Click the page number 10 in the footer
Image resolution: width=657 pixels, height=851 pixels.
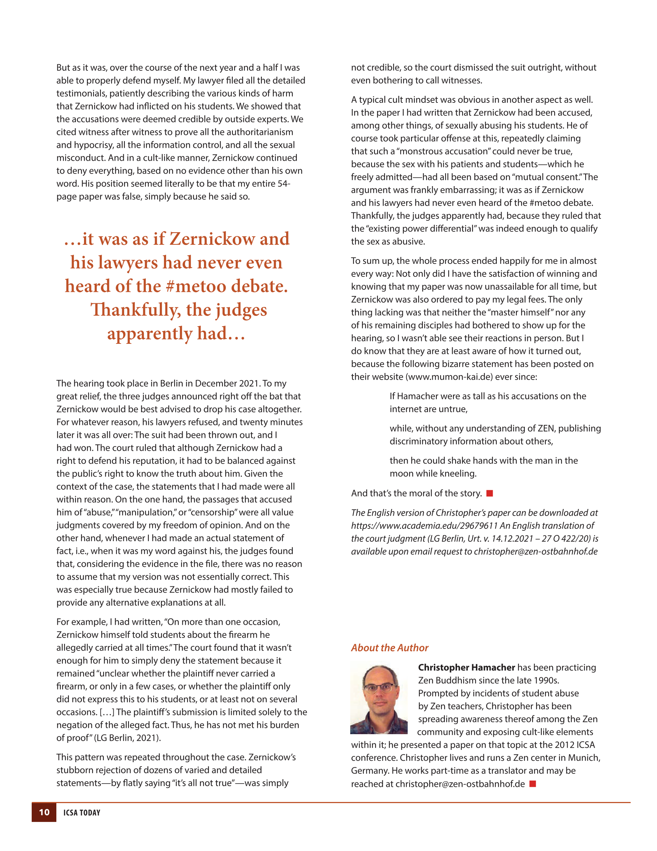point(44,812)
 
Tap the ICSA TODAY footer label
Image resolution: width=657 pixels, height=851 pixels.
point(82,812)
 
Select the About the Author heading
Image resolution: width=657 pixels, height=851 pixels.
point(389,648)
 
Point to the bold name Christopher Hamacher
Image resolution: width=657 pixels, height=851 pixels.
point(466,667)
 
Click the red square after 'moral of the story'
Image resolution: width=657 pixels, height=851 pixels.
point(490,493)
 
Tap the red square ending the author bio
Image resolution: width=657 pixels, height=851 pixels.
point(533,784)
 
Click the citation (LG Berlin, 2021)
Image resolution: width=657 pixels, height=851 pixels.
point(127,737)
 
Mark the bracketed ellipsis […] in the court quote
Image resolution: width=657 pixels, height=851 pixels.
point(106,712)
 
